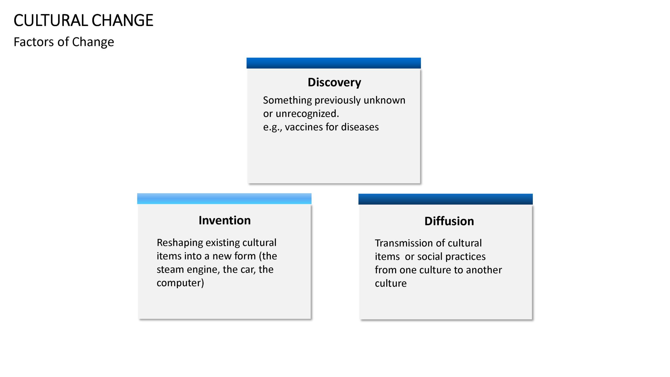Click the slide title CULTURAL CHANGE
click(x=83, y=20)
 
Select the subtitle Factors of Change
click(x=64, y=42)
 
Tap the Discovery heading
click(x=334, y=82)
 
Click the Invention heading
click(x=225, y=220)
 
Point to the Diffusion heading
click(x=449, y=221)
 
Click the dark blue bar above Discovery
click(x=334, y=63)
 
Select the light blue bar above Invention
click(x=224, y=199)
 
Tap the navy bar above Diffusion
click(x=445, y=199)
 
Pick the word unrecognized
click(x=307, y=114)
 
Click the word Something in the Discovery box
click(x=287, y=101)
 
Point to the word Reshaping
click(x=180, y=243)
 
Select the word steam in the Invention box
click(x=170, y=269)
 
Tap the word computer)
click(x=180, y=283)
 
